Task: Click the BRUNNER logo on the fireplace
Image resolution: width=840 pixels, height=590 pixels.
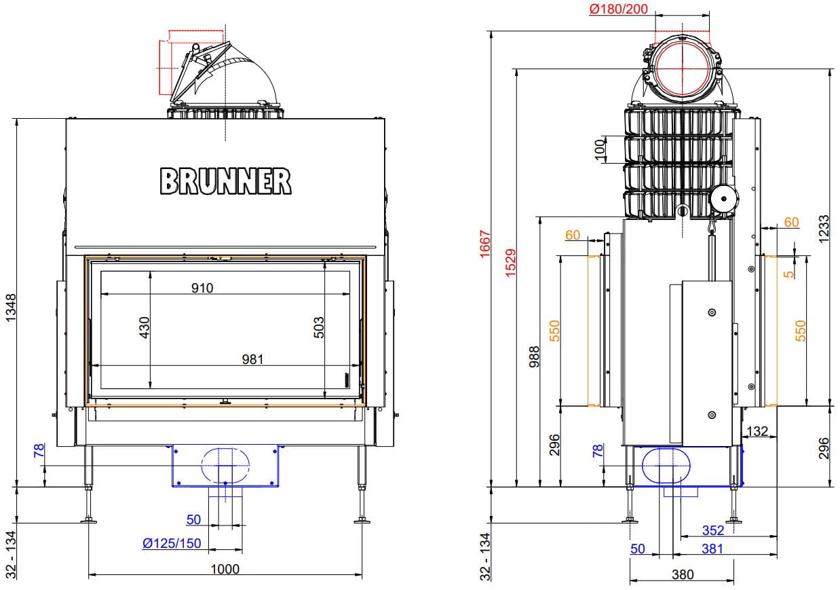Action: tap(225, 181)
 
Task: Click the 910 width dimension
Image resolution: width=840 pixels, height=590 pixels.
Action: tap(202, 288)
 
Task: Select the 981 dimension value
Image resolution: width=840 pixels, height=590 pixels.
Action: tap(252, 359)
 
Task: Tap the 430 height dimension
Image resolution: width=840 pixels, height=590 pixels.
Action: tap(145, 327)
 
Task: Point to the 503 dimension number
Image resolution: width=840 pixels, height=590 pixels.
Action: tap(319, 327)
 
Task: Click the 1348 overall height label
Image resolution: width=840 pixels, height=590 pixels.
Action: tap(12, 308)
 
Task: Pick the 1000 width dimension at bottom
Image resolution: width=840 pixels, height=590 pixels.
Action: tap(225, 569)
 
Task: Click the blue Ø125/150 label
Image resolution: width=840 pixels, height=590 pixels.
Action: tap(172, 543)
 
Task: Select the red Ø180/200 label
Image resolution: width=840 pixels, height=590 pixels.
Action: tap(618, 9)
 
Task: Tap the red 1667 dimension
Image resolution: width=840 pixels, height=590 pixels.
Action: tap(485, 244)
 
